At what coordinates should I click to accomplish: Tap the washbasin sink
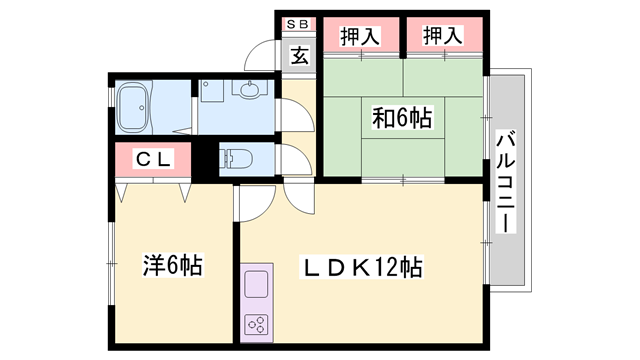(x=249, y=90)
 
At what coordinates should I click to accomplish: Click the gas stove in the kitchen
(x=255, y=323)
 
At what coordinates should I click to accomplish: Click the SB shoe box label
(x=299, y=23)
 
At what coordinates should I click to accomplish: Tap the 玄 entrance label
(x=299, y=55)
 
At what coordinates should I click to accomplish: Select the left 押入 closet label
(x=359, y=37)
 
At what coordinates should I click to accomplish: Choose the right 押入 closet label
(x=442, y=37)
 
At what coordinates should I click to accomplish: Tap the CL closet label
(x=152, y=157)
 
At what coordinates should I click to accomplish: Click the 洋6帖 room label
(x=171, y=266)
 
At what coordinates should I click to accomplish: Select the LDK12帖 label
(x=363, y=267)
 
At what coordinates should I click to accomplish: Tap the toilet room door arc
(x=296, y=160)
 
